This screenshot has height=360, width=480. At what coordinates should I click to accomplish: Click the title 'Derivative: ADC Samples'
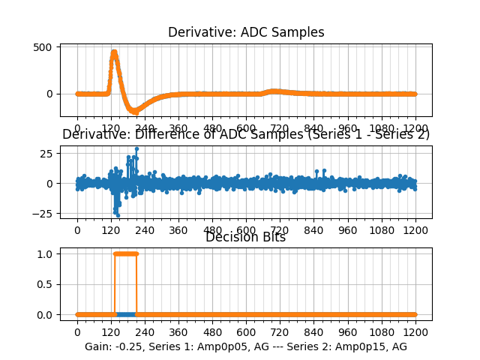pos(246,32)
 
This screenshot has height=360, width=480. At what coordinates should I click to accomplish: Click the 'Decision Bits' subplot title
pos(246,238)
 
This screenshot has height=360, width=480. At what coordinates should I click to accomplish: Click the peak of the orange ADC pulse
pos(114,52)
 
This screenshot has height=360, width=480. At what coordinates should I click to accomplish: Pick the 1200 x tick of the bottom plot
pos(415,331)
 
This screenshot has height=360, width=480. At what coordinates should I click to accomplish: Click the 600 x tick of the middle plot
pos(246,230)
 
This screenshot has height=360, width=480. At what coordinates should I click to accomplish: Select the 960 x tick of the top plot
pos(348,127)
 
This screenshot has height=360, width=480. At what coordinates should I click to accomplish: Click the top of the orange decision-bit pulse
pos(125,253)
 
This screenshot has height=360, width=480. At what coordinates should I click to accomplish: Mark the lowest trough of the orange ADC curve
pos(135,112)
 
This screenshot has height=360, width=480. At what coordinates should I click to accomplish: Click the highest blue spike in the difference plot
pos(136,148)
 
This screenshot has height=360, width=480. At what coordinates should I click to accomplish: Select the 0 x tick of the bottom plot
pos(77,331)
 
